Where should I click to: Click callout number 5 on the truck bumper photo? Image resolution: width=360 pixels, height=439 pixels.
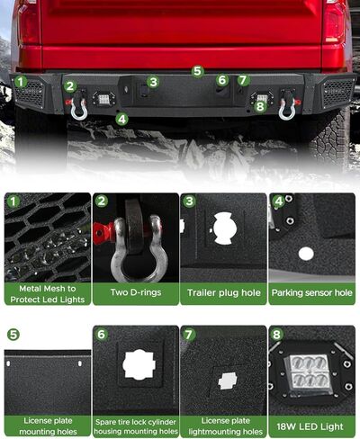(198, 70)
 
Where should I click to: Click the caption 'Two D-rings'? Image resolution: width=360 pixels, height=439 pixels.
(135, 292)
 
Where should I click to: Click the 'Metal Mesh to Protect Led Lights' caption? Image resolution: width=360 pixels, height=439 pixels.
(47, 292)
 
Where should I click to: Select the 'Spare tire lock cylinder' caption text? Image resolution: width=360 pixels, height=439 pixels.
(135, 421)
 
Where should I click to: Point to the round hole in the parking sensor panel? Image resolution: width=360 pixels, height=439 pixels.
(306, 254)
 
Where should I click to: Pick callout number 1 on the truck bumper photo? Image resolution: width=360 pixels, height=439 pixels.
(20, 82)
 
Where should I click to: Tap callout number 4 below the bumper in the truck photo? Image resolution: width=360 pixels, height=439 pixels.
(121, 118)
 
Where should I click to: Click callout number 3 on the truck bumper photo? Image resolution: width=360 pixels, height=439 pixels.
(154, 82)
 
